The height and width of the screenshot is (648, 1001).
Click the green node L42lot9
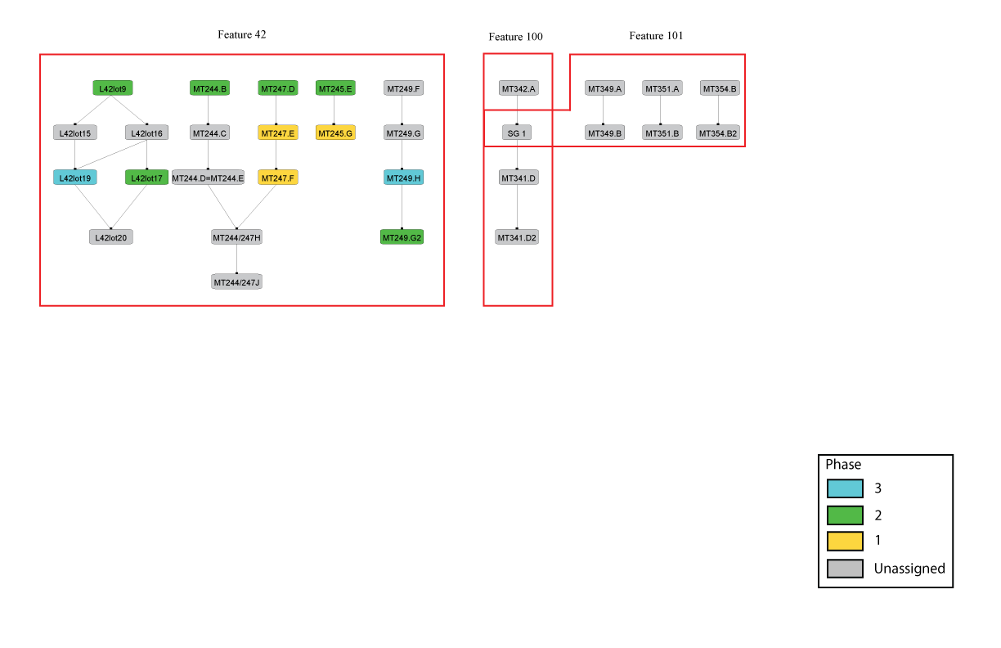113,88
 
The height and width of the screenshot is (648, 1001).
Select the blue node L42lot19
75,178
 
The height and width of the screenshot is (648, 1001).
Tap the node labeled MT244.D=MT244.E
208,178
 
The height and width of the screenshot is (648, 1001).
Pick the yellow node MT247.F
278,178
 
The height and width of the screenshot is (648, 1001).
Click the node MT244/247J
236,281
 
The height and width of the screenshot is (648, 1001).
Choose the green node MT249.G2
402,237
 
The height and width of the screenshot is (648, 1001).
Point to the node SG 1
517,133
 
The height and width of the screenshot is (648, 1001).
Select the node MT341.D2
517,237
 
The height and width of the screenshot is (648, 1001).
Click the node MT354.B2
718,133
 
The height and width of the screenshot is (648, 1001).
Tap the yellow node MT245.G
335,133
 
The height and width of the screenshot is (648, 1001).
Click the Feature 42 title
242,35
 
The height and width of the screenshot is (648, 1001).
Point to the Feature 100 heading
516,37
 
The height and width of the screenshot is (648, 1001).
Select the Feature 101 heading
656,36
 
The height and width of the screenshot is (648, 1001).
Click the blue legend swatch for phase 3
845,488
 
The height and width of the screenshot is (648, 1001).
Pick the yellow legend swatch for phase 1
845,541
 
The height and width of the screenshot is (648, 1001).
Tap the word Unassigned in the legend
909,569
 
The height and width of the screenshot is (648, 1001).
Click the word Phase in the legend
843,465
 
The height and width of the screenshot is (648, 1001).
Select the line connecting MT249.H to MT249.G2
402,207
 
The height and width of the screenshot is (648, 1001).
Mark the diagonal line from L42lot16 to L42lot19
111,155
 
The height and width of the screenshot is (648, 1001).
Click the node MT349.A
604,88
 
